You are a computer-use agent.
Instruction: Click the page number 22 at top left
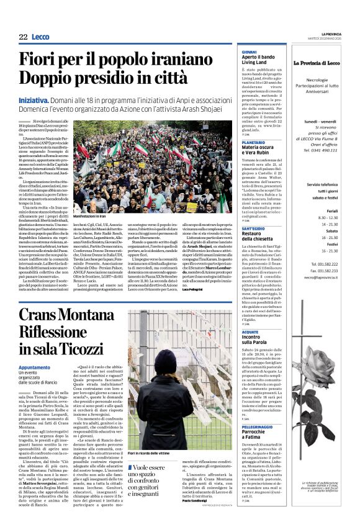pyautogui.click(x=22, y=37)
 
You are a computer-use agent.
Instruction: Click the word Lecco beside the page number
pyautogui.click(x=41, y=37)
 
